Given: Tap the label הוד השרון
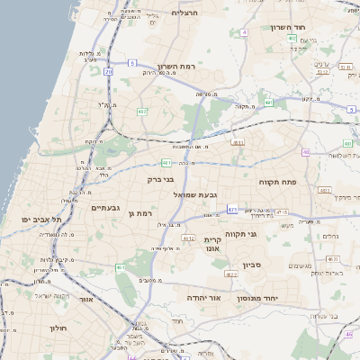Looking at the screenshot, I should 288,27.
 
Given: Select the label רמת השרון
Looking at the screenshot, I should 175,67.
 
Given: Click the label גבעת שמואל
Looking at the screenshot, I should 185,193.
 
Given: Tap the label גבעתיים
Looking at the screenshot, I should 105,208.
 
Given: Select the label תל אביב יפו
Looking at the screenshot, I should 42,220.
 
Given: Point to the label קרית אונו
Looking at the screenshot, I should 213,244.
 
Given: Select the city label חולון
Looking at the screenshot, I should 59,328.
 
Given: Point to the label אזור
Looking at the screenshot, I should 86,299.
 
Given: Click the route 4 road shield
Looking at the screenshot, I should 244,32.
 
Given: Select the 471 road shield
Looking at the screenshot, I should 232,209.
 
